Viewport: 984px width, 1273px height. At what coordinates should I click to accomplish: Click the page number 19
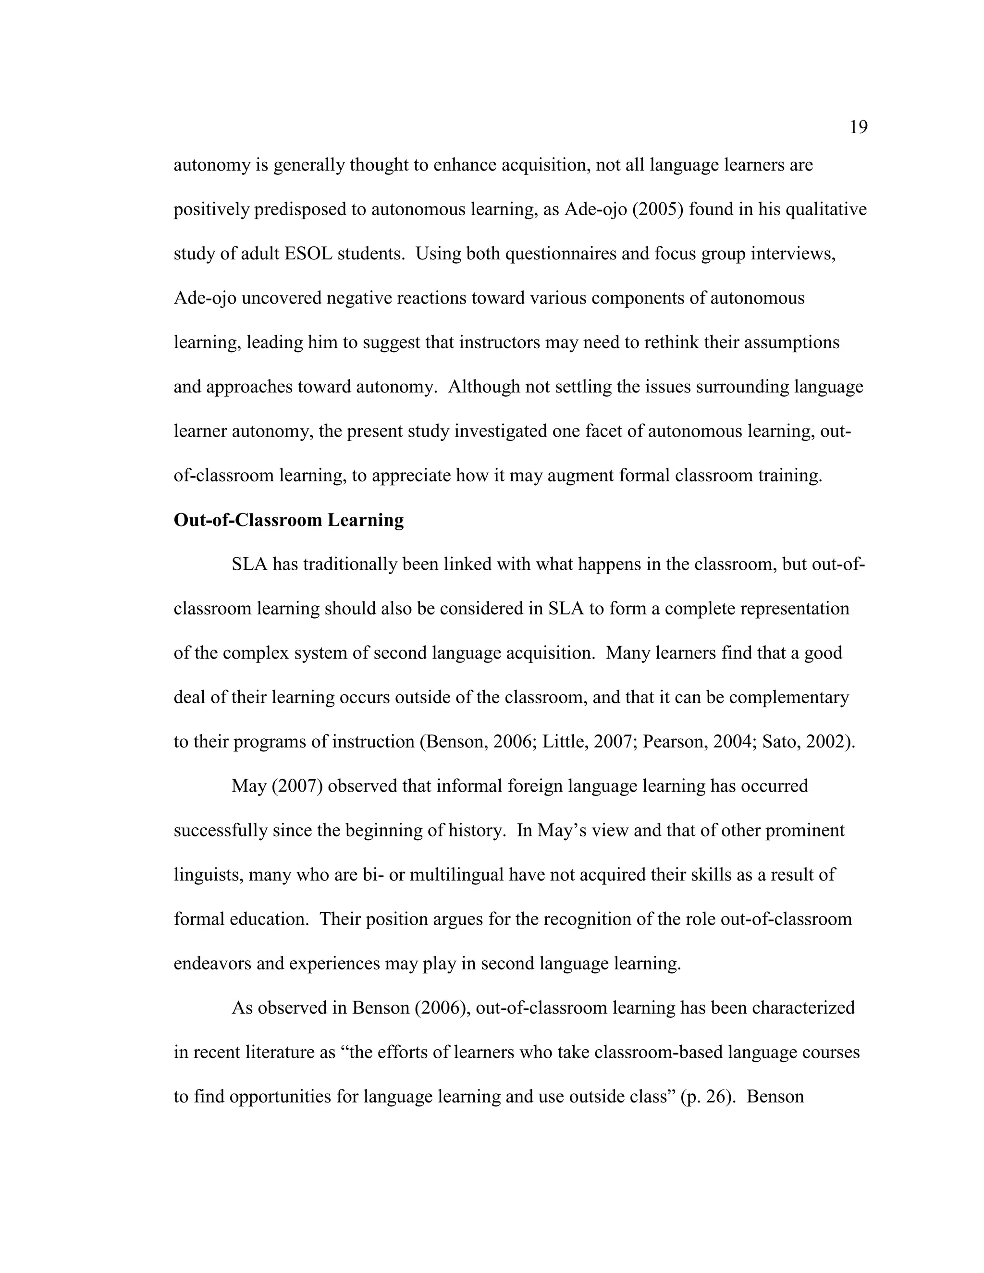pos(858,127)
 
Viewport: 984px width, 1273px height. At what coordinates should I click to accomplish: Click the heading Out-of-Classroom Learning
pos(289,520)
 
